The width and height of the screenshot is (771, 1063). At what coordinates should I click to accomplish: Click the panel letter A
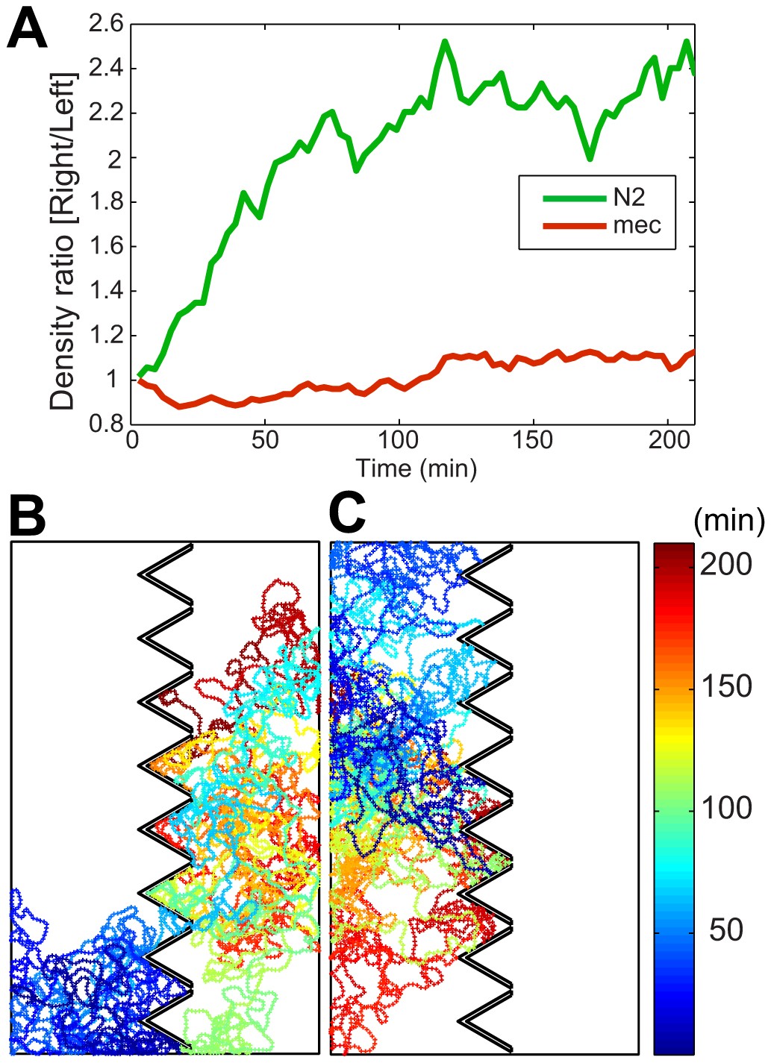pos(27,31)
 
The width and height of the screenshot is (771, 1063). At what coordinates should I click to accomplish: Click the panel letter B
pos(27,515)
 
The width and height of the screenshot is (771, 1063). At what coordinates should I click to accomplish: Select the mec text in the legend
pos(637,225)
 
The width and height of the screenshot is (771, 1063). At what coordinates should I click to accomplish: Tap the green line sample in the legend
pos(573,198)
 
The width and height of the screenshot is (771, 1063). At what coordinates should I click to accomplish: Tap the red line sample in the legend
pos(573,225)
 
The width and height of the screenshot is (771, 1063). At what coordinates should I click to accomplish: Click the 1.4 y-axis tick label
pos(105,291)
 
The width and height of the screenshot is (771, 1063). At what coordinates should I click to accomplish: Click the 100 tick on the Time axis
pos(399,440)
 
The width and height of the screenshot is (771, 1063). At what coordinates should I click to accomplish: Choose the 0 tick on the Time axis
pos(132,440)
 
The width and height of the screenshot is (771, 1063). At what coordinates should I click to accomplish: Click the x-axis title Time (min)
pos(416,468)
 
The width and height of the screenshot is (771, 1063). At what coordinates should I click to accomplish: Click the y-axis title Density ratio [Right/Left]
pos(63,241)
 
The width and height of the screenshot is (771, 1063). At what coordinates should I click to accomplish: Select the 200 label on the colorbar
pos(725,565)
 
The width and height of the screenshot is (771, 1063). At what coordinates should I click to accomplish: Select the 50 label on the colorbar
pos(725,929)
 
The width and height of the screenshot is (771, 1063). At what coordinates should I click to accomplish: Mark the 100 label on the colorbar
pos(725,808)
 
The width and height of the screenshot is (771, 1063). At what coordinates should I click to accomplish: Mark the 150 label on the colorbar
pos(725,686)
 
